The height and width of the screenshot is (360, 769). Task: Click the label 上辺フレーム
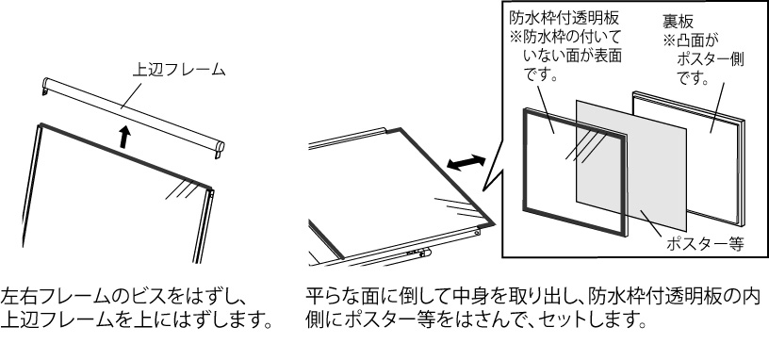click(179, 70)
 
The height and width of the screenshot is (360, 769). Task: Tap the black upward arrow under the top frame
click(125, 137)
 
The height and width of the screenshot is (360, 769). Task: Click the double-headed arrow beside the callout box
click(466, 163)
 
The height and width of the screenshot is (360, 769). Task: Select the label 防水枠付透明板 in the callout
click(564, 19)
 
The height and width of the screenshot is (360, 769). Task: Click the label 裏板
click(678, 21)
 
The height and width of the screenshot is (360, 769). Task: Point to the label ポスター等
click(705, 244)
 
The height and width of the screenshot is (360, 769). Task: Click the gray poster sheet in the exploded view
click(631, 165)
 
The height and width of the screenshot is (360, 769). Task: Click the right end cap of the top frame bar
click(220, 148)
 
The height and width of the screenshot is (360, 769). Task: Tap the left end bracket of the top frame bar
click(45, 86)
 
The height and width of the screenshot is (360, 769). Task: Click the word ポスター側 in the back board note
click(711, 59)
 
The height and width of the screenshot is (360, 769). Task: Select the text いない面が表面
click(572, 56)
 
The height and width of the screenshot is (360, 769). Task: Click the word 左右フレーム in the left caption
click(50, 297)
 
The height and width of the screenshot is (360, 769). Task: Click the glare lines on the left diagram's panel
click(180, 188)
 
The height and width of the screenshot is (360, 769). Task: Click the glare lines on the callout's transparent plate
click(587, 147)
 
